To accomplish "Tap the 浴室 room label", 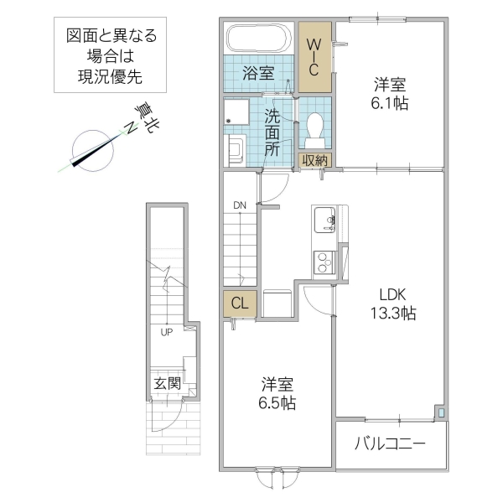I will click(257, 73).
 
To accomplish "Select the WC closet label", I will click(315, 57).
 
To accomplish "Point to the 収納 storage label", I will click(315, 160).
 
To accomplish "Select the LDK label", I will click(391, 295).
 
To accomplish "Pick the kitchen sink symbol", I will click(323, 222).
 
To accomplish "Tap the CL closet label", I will click(238, 303).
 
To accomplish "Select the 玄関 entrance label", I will click(166, 383).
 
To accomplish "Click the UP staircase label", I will click(168, 331).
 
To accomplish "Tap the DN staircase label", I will click(240, 205).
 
